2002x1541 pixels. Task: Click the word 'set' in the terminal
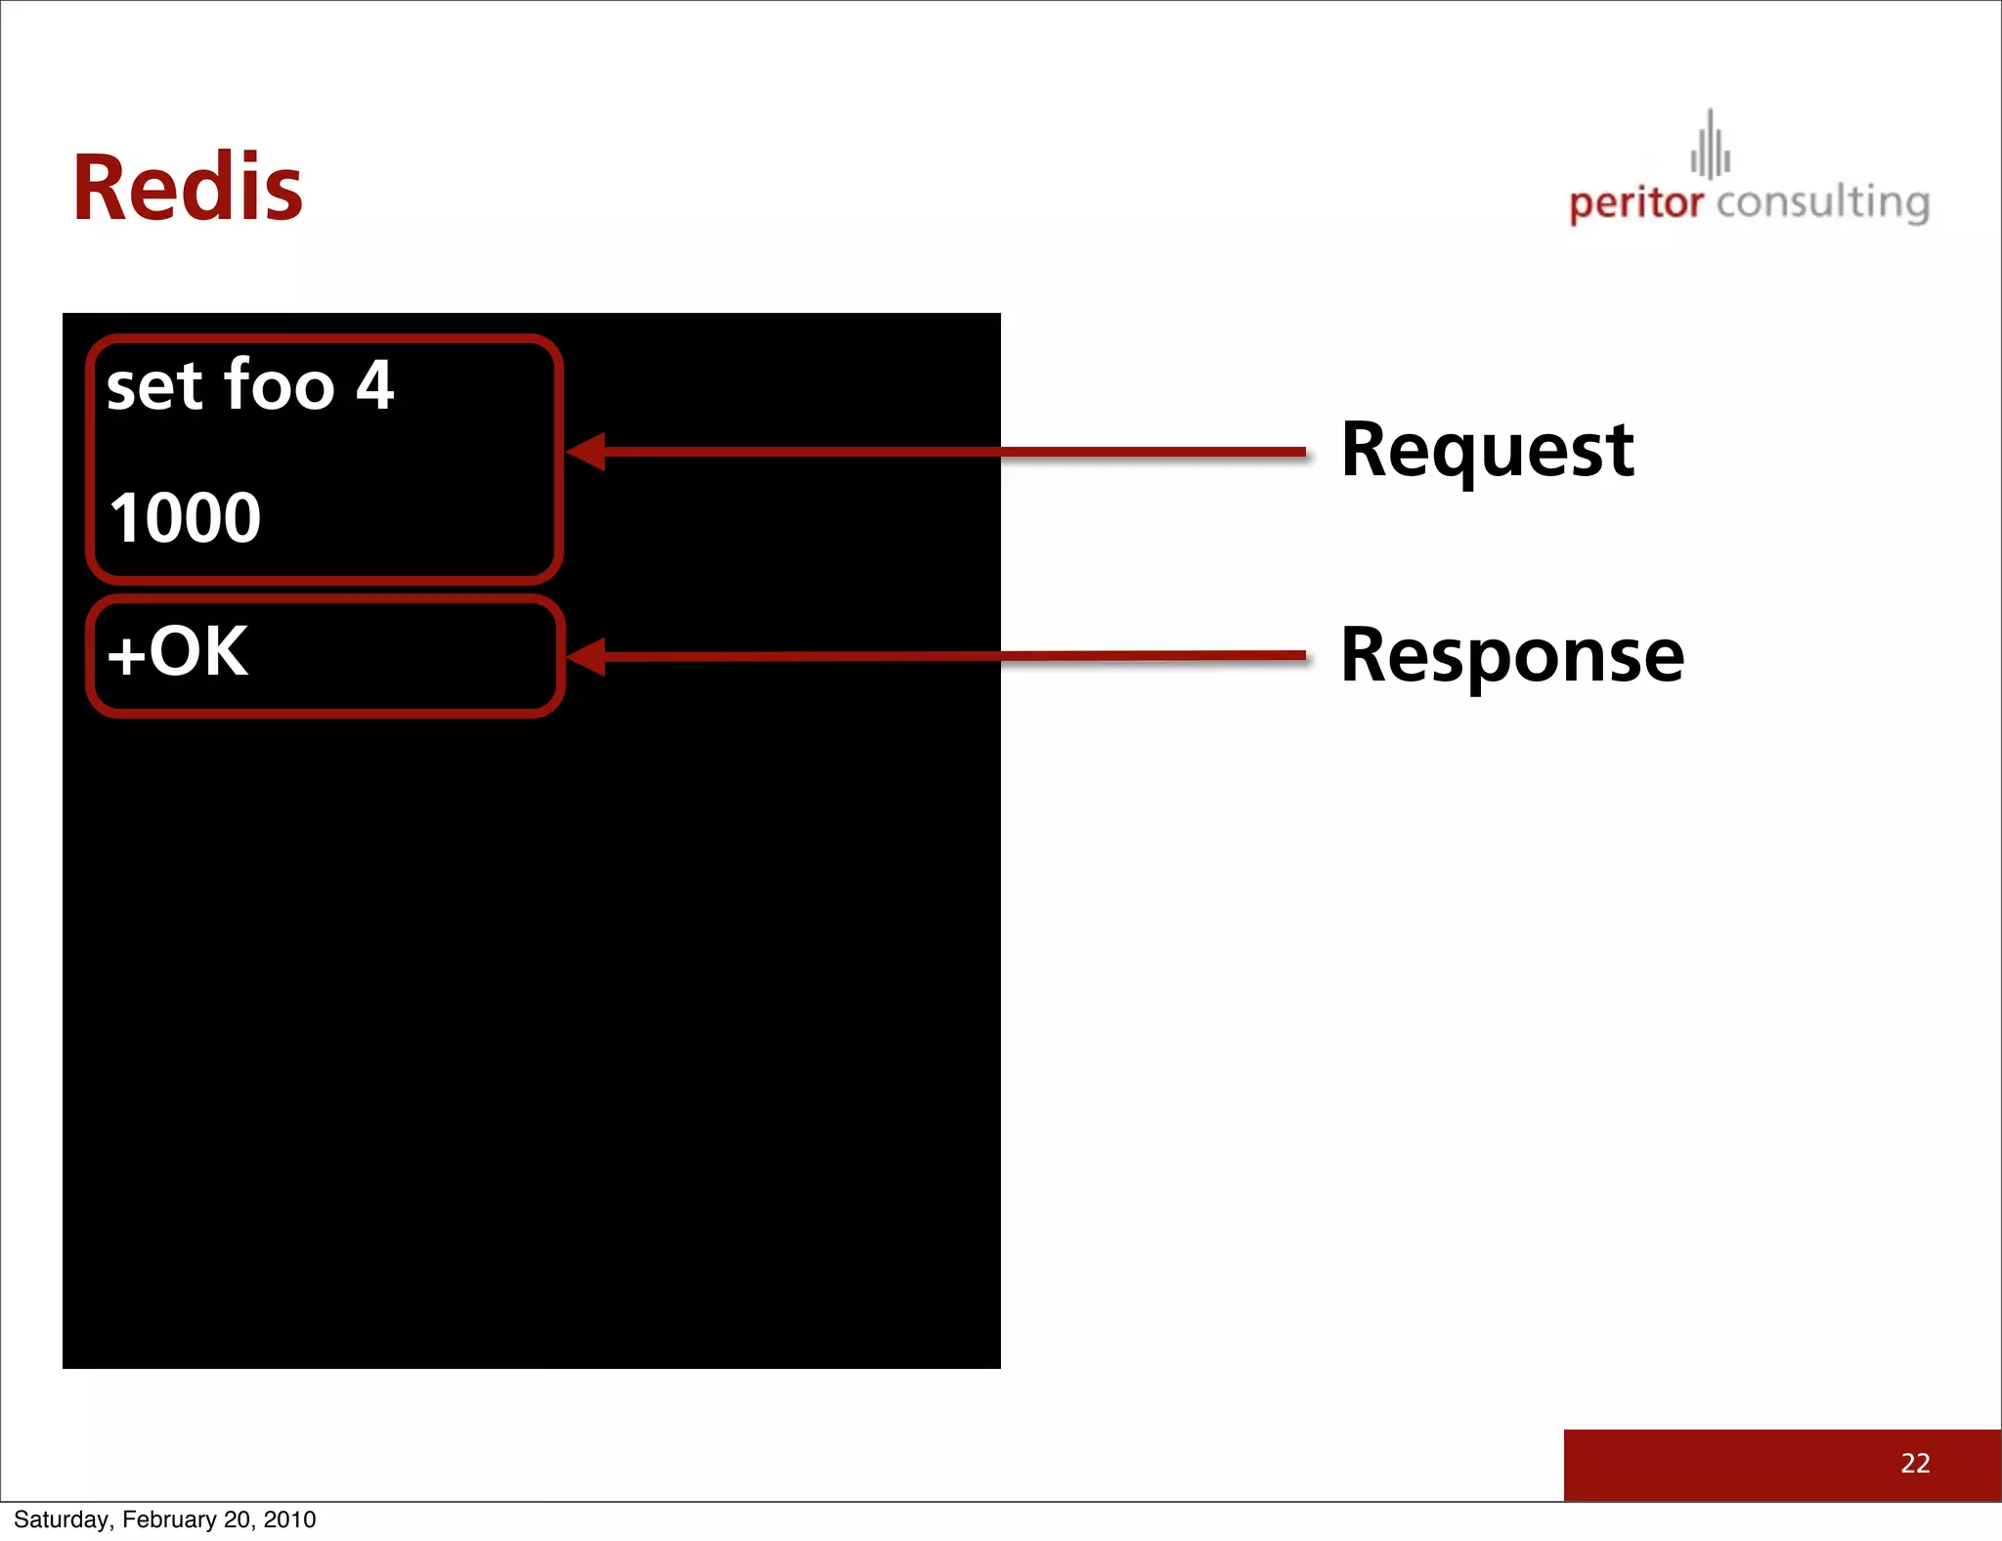pyautogui.click(x=154, y=385)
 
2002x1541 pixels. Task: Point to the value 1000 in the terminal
pyautogui.click(x=185, y=517)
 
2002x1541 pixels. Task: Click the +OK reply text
pyautogui.click(x=178, y=651)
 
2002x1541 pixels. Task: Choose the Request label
pyautogui.click(x=1487, y=451)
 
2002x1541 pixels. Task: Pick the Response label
pyautogui.click(x=1512, y=655)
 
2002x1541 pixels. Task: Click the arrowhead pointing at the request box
pyautogui.click(x=587, y=452)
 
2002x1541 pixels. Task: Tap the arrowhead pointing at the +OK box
pyautogui.click(x=587, y=656)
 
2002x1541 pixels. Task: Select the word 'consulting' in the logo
pyautogui.click(x=1822, y=202)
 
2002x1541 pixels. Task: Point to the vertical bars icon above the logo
pyautogui.click(x=1710, y=147)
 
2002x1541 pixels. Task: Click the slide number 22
pyautogui.click(x=1915, y=1463)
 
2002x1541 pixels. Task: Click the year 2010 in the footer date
pyautogui.click(x=289, y=1519)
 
